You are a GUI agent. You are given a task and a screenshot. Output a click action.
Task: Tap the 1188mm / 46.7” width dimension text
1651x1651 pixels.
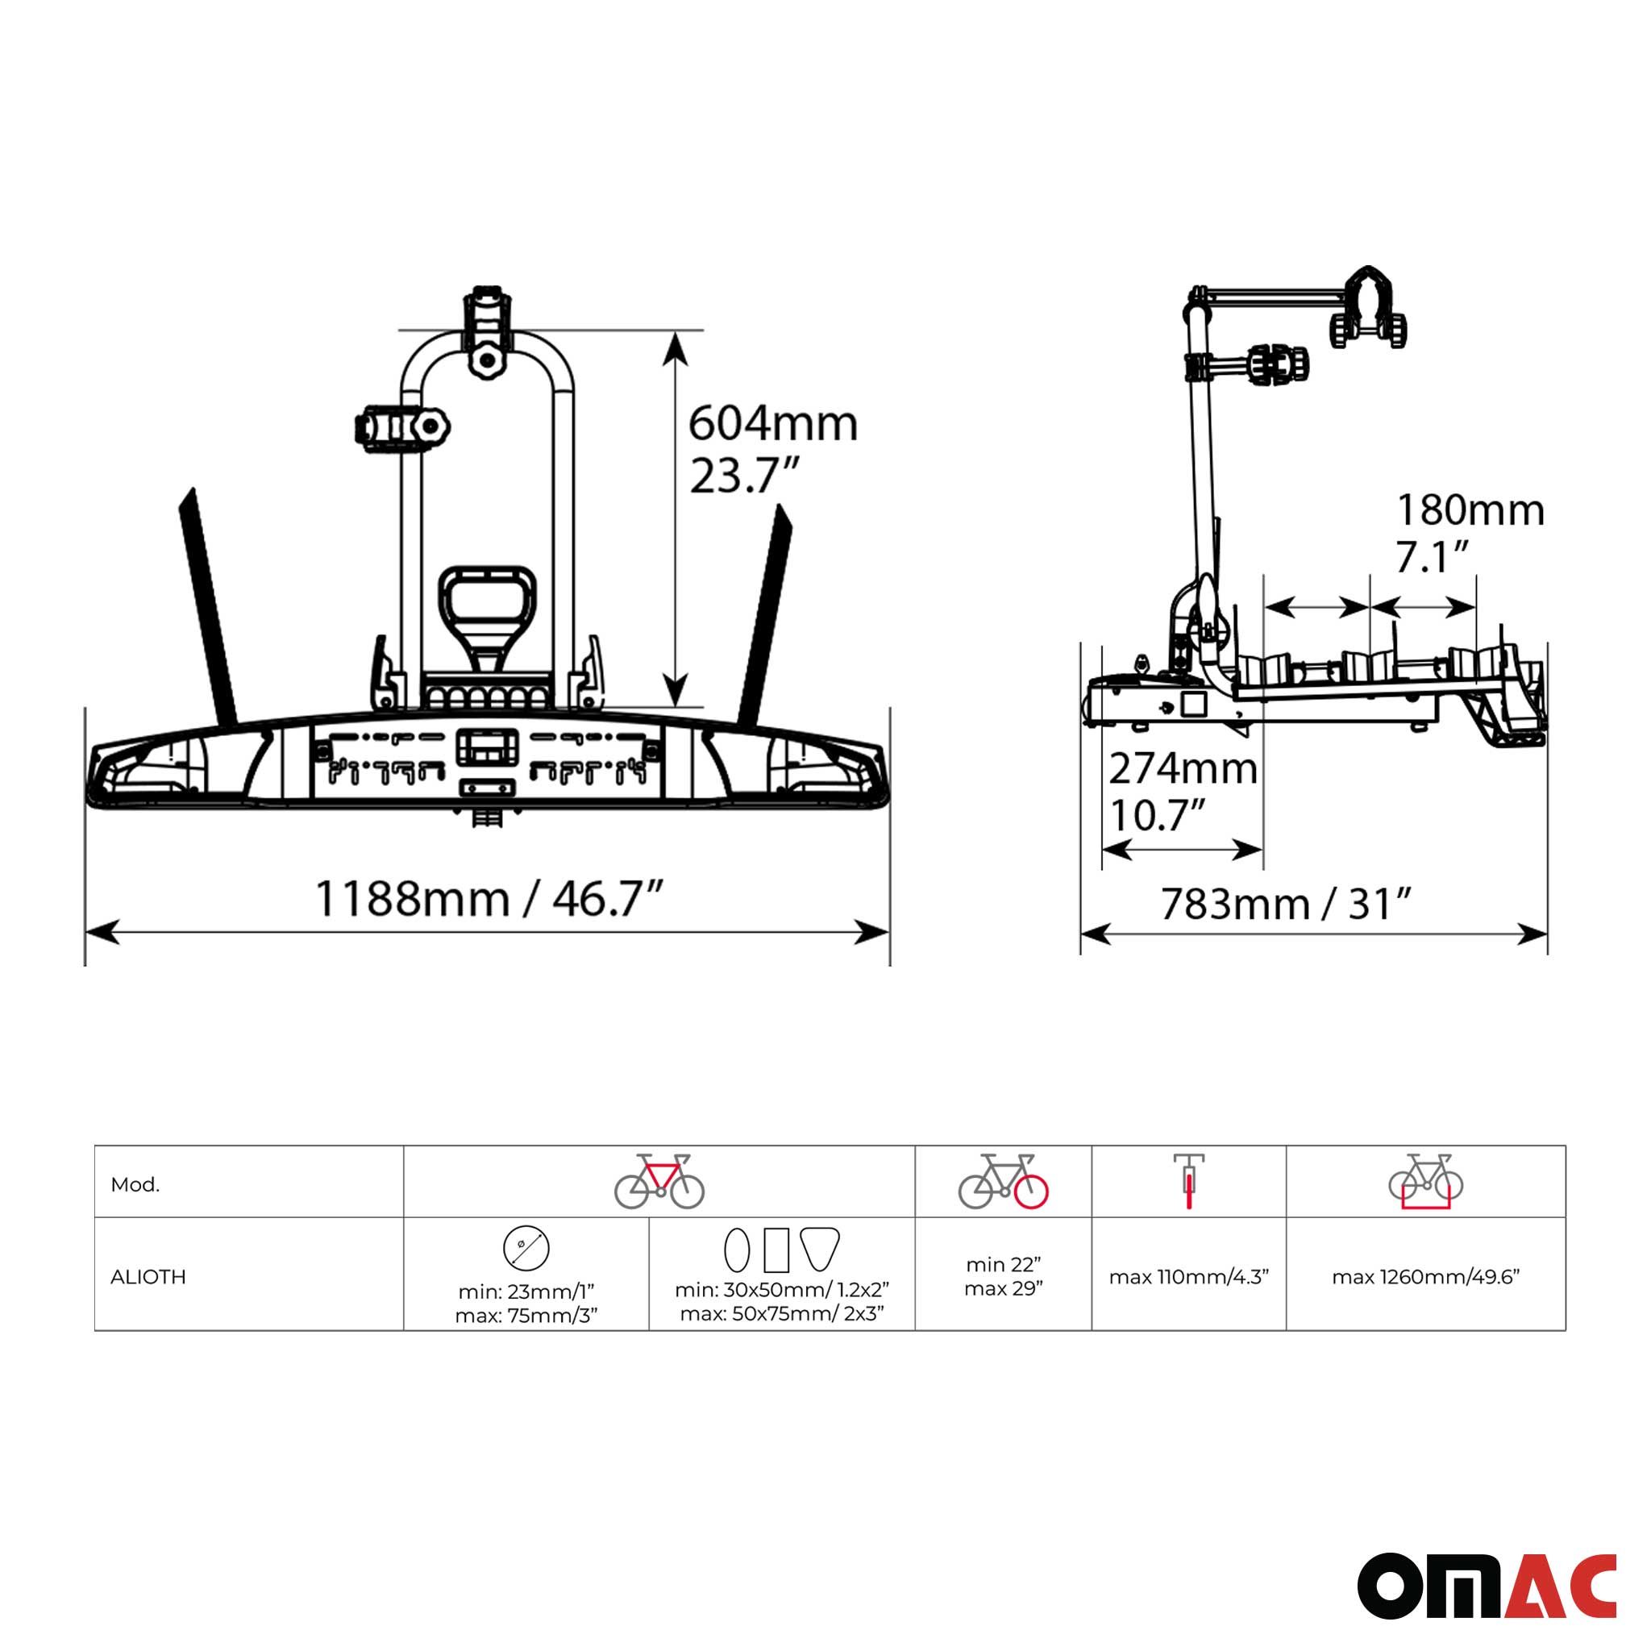pyautogui.click(x=489, y=899)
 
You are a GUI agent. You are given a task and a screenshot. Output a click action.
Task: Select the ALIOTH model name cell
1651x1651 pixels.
pyautogui.click(x=148, y=1277)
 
